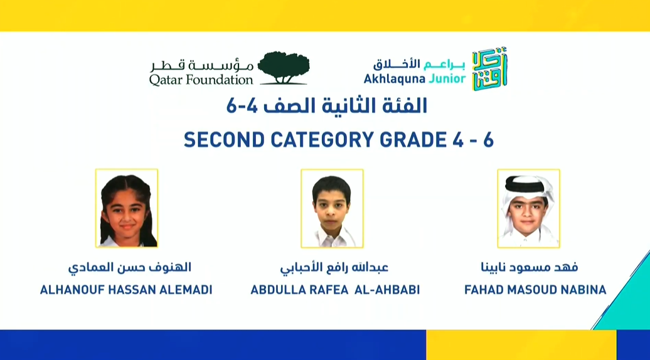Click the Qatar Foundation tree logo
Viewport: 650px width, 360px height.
283,68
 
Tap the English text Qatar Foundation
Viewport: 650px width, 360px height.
201,80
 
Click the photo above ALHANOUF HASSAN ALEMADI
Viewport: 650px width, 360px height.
127,208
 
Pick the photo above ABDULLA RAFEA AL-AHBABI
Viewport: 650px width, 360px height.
332,208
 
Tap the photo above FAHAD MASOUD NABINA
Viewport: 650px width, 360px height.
528,208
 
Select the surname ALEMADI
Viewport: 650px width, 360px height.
184,290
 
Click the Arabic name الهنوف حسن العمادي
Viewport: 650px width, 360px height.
129,268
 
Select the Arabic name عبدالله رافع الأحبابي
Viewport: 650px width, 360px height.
334,268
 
